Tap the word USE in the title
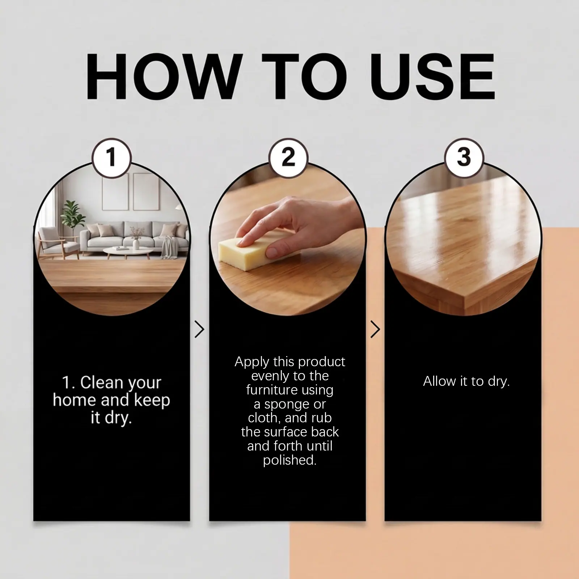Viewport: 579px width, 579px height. pos(432,76)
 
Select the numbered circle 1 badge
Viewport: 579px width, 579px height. pos(111,158)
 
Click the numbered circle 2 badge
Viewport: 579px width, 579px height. pos(288,158)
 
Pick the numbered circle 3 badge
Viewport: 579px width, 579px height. pos(464,158)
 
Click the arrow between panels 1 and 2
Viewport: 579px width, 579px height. pos(199,329)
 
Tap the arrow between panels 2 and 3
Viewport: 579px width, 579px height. pos(375,329)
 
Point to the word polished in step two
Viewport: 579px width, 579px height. pos(289,460)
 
